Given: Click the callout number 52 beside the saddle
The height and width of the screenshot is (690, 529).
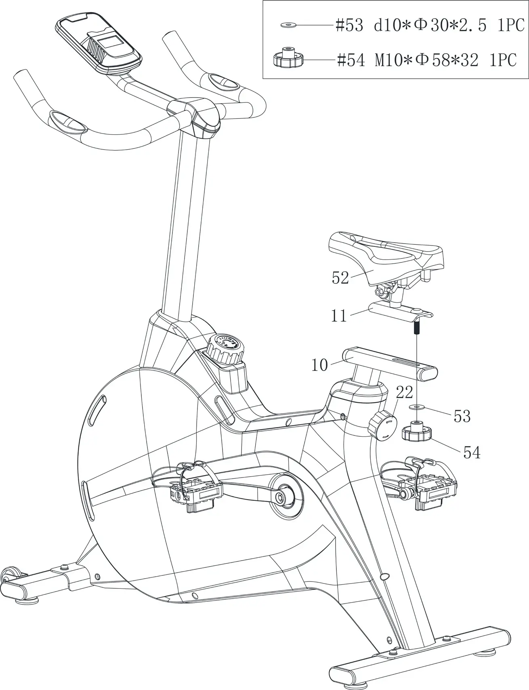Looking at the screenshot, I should [340, 277].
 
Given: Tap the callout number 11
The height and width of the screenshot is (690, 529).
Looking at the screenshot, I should [339, 316].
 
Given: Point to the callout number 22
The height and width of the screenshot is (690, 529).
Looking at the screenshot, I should [404, 392].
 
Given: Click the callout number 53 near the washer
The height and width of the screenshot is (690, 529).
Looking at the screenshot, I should [462, 416].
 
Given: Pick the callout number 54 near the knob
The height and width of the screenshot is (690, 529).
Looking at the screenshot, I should [472, 453].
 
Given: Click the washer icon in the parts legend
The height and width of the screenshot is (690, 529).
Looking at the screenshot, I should [288, 25].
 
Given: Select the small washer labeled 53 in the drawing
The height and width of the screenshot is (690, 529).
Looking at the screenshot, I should [416, 407].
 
